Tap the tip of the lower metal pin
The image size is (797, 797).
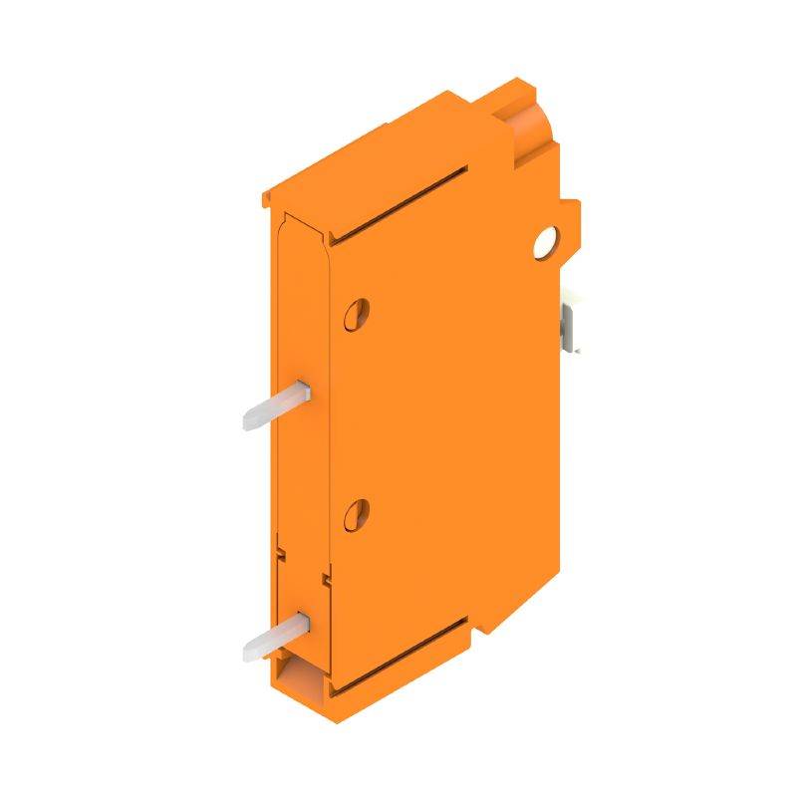click(248, 653)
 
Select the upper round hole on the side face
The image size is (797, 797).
click(357, 314)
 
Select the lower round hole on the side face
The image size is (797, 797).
click(356, 513)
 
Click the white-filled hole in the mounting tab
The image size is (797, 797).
click(545, 242)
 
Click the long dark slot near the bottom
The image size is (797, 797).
click(398, 653)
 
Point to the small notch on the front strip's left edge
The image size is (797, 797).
click(281, 547)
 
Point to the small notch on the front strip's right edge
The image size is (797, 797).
click(325, 577)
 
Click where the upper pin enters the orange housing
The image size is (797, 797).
click(305, 392)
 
